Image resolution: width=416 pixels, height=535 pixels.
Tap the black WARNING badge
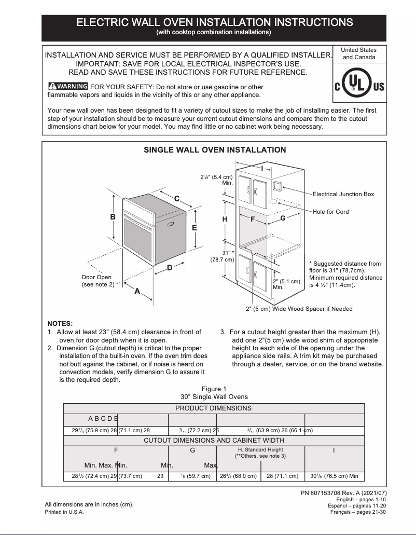(x=67, y=87)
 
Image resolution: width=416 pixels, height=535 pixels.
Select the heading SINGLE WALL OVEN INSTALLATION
(x=214, y=150)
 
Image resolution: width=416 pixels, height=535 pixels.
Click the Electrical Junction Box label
(x=343, y=194)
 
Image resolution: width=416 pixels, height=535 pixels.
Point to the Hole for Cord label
(x=330, y=212)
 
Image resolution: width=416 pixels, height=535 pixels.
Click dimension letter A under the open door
(x=137, y=291)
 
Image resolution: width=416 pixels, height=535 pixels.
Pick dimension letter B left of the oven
(x=113, y=217)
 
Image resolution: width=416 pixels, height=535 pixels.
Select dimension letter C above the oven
(x=177, y=199)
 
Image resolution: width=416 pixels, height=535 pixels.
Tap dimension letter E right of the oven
(x=195, y=227)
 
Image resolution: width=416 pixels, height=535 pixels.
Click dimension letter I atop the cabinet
(x=262, y=169)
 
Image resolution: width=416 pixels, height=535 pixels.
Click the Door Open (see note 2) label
(x=98, y=281)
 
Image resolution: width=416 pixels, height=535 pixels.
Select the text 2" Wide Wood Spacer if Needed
(x=299, y=309)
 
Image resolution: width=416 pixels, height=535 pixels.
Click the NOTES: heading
(x=60, y=323)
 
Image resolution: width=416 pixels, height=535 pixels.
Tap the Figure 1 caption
(x=214, y=389)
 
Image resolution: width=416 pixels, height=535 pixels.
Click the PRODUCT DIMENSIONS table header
(x=213, y=408)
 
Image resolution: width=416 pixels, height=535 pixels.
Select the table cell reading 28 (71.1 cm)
(x=283, y=476)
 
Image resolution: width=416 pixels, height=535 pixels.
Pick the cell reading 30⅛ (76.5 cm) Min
(x=334, y=476)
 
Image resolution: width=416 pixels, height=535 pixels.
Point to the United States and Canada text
(x=359, y=53)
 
